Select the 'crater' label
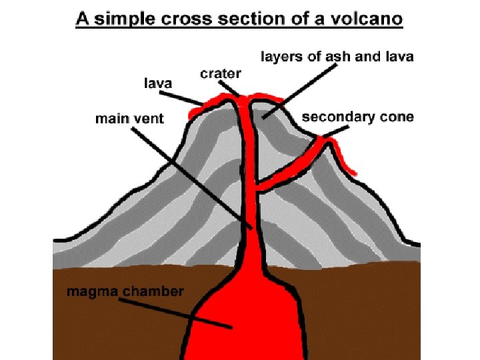220,73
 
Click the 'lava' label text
159,83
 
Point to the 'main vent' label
129,119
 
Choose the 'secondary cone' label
357,117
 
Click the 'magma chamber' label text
125,291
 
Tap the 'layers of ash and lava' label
336,57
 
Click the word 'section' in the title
253,18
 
